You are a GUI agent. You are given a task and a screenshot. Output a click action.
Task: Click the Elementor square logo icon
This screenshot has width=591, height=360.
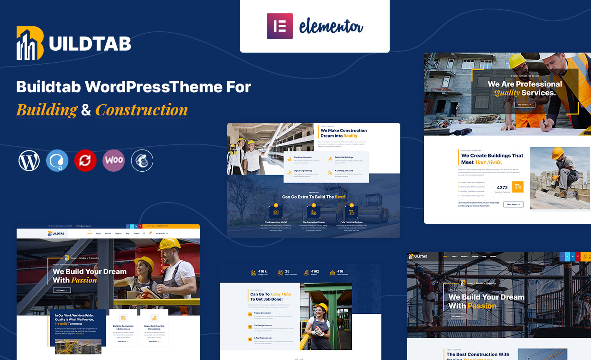coord(280,26)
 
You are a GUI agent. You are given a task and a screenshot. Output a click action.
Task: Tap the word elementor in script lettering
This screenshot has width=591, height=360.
coord(331,26)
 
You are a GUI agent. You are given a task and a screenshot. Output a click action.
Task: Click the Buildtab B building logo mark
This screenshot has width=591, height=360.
coord(30,43)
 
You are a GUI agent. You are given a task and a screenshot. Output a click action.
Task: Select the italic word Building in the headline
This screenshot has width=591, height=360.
coord(47,110)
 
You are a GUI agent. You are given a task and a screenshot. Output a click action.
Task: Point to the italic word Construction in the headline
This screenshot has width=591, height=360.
coord(141,110)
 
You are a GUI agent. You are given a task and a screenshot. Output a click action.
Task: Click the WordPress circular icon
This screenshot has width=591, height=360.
coord(29,161)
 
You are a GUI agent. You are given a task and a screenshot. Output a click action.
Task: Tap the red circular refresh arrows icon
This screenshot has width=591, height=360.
coord(85,161)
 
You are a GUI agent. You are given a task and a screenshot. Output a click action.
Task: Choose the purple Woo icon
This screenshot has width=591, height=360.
coord(114,161)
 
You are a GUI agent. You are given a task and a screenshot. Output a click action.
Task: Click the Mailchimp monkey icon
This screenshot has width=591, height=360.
coord(142,161)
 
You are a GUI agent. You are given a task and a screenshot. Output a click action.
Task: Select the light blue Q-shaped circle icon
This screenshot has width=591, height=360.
coord(57,161)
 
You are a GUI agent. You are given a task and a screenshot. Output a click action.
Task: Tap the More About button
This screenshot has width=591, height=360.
coord(513,204)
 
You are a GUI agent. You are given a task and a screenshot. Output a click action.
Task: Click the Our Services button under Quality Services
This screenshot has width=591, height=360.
coord(525,105)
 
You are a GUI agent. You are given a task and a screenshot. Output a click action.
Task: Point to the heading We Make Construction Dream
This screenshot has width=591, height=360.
coord(344,133)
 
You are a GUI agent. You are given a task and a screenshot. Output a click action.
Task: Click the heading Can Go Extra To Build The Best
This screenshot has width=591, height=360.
coord(314,197)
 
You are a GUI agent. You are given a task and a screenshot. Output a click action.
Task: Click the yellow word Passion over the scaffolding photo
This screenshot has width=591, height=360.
coord(482,306)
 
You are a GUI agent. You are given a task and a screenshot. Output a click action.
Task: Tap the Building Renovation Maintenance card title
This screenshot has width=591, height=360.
coord(123,328)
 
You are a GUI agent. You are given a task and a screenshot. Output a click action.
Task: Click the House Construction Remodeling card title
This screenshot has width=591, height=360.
coord(154,328)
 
